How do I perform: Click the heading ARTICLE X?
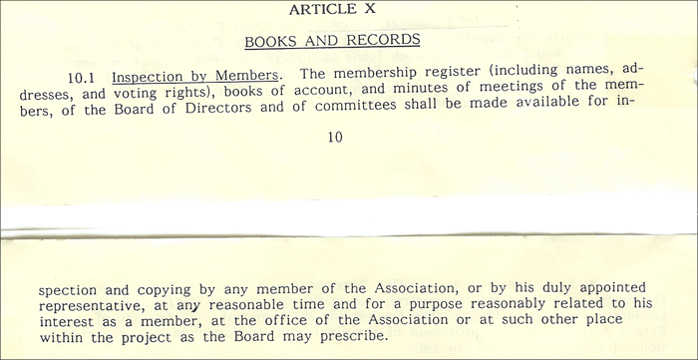pyautogui.click(x=334, y=10)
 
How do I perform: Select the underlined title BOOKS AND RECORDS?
pyautogui.click(x=333, y=41)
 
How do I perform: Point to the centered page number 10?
pyautogui.click(x=334, y=138)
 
